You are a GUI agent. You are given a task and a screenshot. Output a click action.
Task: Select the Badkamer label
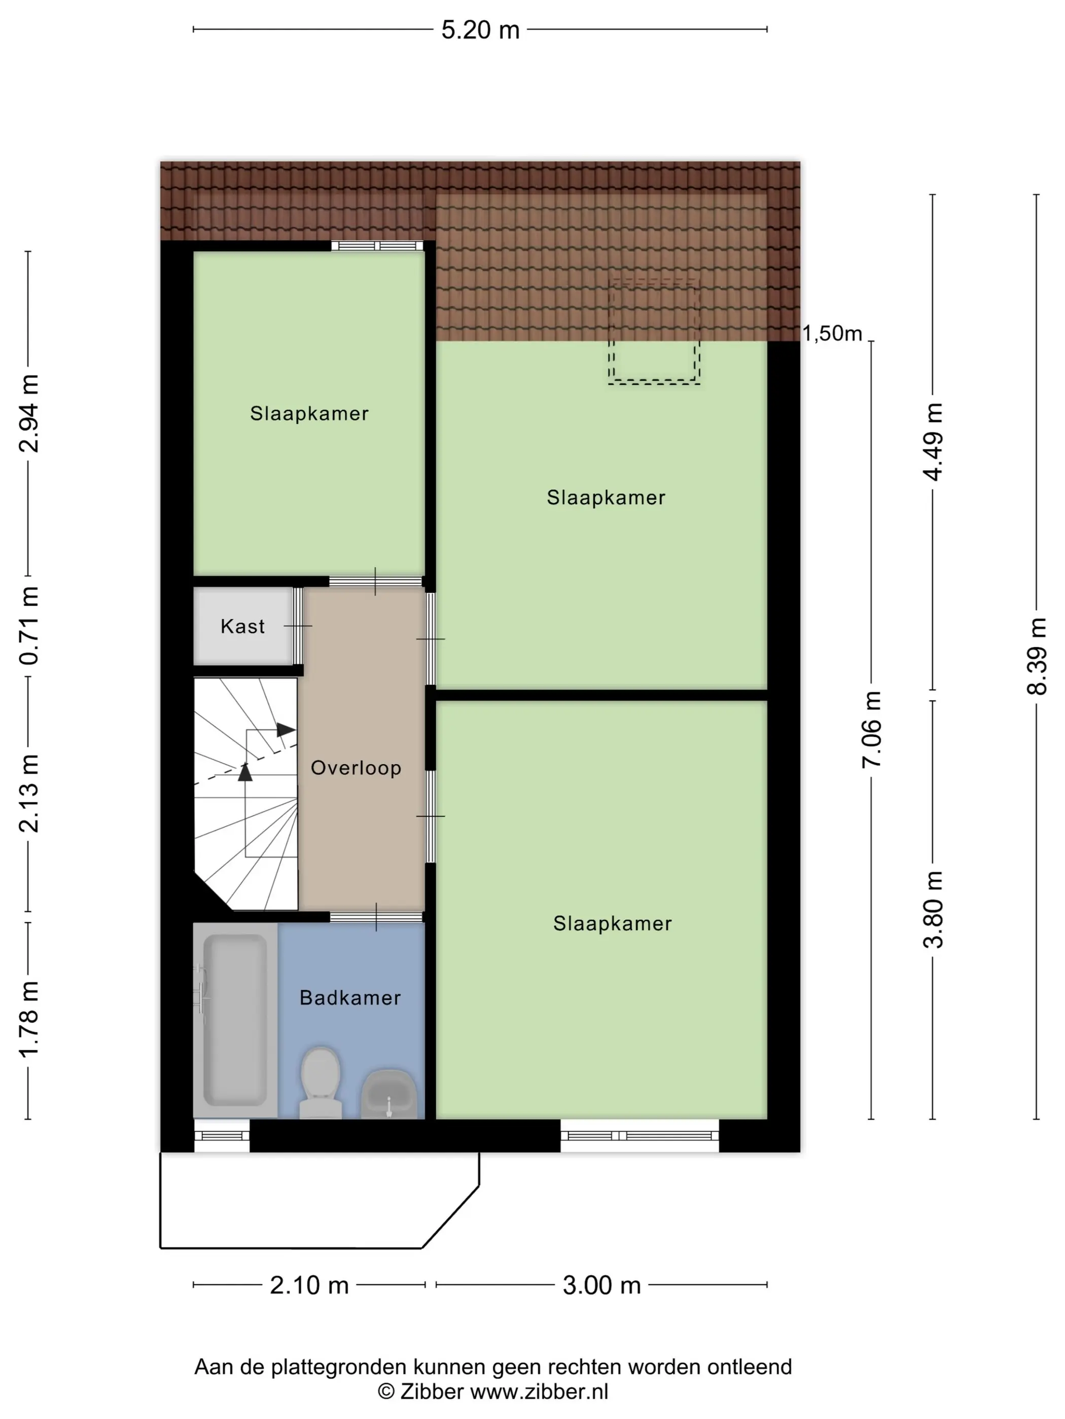[x=350, y=997]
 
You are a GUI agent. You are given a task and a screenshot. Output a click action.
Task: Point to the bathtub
[x=235, y=1020]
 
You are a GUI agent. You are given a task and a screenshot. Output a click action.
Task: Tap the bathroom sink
[x=389, y=1094]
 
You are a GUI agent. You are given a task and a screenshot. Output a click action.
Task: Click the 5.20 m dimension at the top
[x=480, y=30]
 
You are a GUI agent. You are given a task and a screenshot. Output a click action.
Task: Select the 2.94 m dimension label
[x=29, y=413]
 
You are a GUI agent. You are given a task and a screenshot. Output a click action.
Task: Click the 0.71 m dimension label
[x=29, y=625]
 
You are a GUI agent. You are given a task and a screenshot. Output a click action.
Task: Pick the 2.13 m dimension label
[x=29, y=794]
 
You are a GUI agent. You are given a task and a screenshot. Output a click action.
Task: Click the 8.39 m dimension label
[x=1037, y=656]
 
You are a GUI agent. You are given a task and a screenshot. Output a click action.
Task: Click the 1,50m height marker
[x=832, y=333]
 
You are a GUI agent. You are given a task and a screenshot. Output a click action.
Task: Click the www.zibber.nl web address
[x=539, y=1392]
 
